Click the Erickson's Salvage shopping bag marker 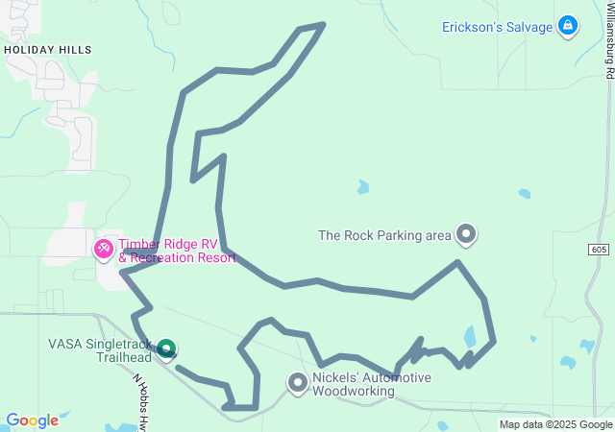click(x=569, y=26)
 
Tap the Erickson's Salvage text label click(x=497, y=27)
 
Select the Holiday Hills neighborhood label click(x=48, y=49)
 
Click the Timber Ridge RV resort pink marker click(x=103, y=249)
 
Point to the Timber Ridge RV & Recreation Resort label click(x=177, y=252)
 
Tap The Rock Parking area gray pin click(x=466, y=233)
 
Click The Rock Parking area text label click(x=384, y=234)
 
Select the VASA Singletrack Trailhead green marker click(x=166, y=349)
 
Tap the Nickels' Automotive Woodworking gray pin click(x=298, y=383)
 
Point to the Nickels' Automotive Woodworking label click(x=372, y=384)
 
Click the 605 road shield click(x=599, y=250)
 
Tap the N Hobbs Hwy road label click(x=142, y=394)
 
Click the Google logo click(x=32, y=420)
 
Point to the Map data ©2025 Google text click(x=554, y=424)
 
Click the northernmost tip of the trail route click(x=323, y=23)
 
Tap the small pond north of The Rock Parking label click(x=362, y=186)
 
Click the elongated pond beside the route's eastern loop click(x=470, y=337)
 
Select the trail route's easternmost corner click(x=494, y=341)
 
